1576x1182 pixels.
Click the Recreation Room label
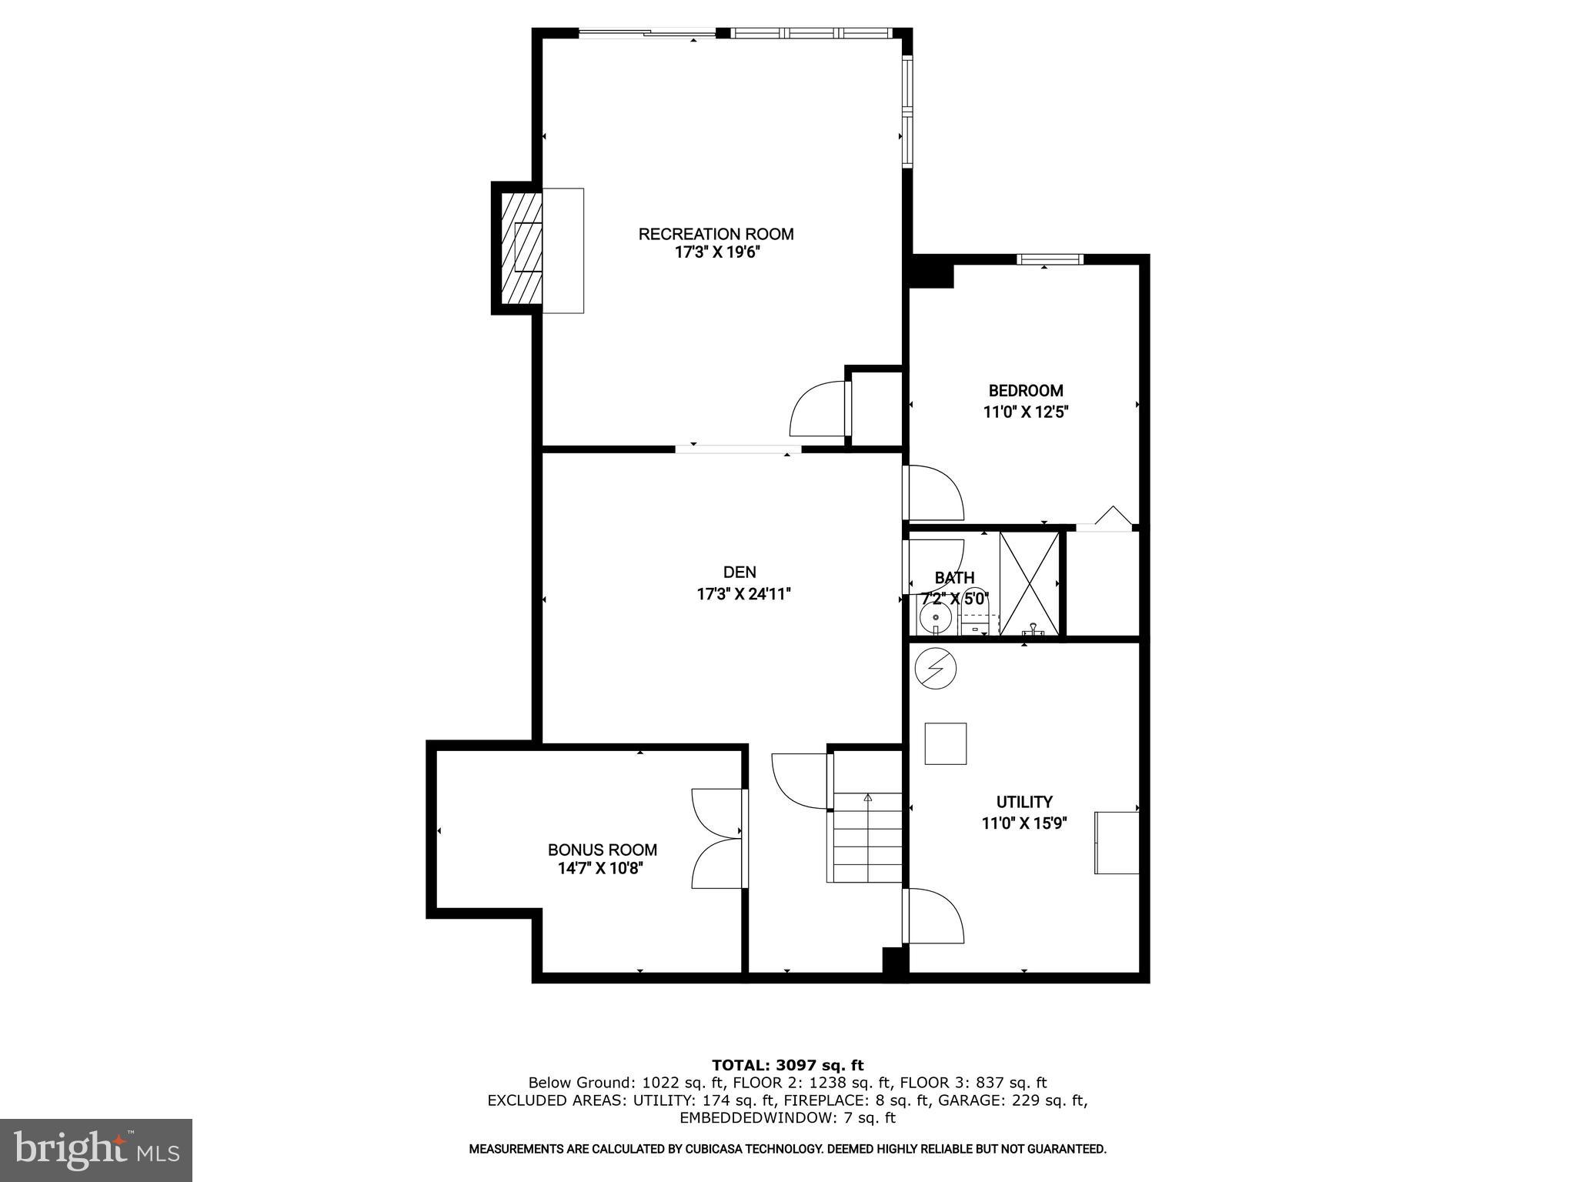tap(716, 234)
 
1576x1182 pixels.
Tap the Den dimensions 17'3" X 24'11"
tap(743, 594)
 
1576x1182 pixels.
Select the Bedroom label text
tap(1026, 391)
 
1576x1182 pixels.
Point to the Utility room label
tap(1024, 802)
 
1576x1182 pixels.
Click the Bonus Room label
tap(602, 850)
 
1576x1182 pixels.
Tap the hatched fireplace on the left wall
tap(522, 249)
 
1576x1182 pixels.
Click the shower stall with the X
tap(1028, 583)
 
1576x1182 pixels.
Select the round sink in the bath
tap(936, 617)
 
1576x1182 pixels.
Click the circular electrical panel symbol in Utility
tap(935, 668)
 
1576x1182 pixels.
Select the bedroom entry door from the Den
tap(933, 492)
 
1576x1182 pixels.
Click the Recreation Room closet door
tap(820, 409)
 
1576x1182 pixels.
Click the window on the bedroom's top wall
tap(1050, 259)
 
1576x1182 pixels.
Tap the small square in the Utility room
tap(945, 743)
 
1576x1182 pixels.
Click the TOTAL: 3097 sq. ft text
tap(787, 1065)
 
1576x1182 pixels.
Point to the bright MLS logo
tap(95, 1150)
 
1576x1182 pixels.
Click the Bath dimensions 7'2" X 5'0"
tap(954, 599)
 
